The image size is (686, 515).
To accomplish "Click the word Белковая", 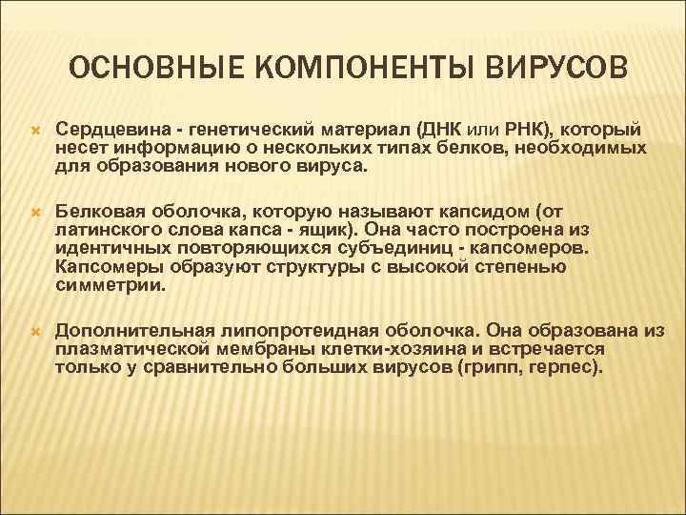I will tap(98, 211).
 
